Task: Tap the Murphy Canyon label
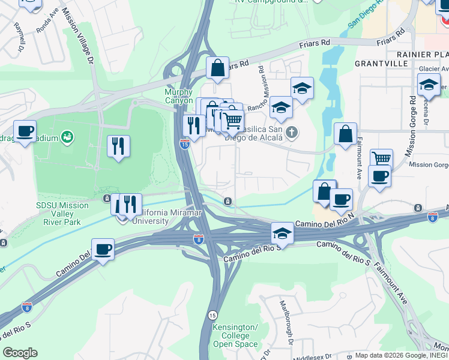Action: click(178, 96)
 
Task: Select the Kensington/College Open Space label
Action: click(235, 336)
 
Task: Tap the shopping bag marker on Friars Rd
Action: click(217, 68)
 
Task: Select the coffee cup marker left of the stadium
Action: click(25, 131)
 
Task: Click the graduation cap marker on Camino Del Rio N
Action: click(282, 233)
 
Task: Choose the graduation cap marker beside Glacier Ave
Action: click(429, 85)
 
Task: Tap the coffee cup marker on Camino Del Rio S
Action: click(103, 249)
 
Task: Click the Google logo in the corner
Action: click(20, 353)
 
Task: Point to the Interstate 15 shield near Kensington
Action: click(212, 315)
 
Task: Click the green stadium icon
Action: click(68, 137)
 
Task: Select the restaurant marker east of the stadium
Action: click(118, 146)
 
